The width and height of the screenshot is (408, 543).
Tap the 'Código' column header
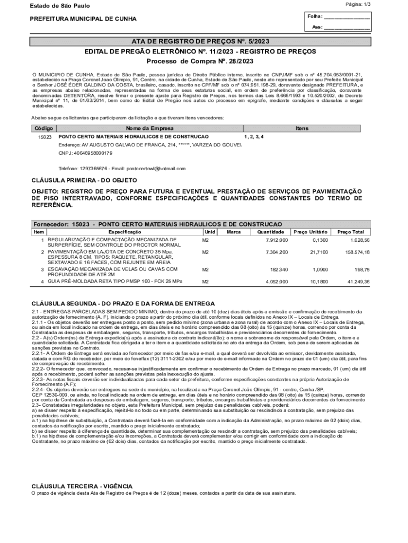click(x=43, y=129)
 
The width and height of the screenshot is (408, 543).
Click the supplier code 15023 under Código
click(x=45, y=137)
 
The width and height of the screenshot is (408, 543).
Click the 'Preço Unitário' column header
click(x=311, y=232)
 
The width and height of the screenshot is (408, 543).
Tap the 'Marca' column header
click(x=234, y=232)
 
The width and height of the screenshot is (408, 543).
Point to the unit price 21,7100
click(x=318, y=252)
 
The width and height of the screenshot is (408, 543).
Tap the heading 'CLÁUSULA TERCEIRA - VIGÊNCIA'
click(x=82, y=486)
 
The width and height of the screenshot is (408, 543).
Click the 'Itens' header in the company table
click(x=303, y=129)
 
